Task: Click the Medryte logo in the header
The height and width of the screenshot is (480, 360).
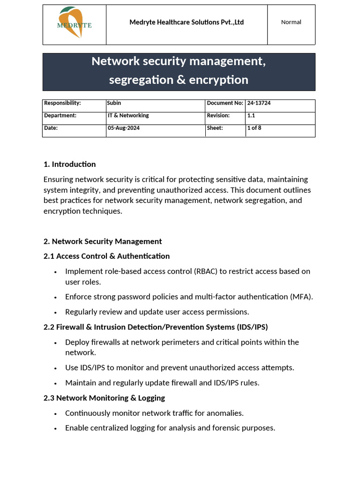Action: point(74,23)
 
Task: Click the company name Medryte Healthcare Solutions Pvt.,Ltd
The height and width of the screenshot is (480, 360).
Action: point(187,22)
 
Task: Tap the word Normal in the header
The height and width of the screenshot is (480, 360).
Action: point(291,22)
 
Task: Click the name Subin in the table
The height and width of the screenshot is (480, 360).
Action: point(114,103)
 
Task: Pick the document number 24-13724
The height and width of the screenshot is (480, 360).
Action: point(259,103)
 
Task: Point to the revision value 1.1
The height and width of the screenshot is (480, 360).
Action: point(252,115)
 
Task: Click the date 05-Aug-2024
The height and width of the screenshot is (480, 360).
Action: point(123,128)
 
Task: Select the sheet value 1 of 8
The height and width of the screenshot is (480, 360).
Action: point(254,128)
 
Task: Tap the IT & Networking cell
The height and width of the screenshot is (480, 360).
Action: point(128,115)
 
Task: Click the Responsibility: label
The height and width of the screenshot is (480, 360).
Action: point(62,103)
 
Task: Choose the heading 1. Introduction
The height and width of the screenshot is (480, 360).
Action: point(69,164)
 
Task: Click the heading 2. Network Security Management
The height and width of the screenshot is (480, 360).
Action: point(103,241)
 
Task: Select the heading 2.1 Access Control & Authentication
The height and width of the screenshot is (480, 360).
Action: point(106,256)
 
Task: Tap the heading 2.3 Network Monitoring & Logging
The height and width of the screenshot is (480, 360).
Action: point(104,398)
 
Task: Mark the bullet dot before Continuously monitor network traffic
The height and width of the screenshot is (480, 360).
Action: point(55,413)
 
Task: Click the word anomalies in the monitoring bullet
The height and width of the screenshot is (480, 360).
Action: point(225,413)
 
